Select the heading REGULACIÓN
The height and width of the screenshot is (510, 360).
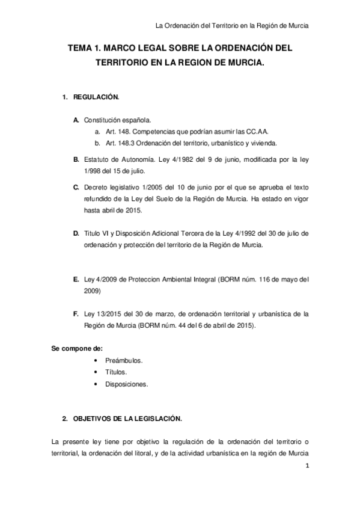[x=96, y=97]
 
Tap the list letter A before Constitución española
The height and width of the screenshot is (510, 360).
[x=76, y=120]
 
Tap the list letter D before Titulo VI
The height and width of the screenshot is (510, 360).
[x=76, y=233]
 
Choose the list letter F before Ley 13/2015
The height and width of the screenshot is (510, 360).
[x=76, y=313]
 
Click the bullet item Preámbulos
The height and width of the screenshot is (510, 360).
[x=123, y=360]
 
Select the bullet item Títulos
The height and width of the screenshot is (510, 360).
[x=115, y=372]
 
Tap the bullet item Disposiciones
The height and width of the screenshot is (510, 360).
[x=126, y=384]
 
